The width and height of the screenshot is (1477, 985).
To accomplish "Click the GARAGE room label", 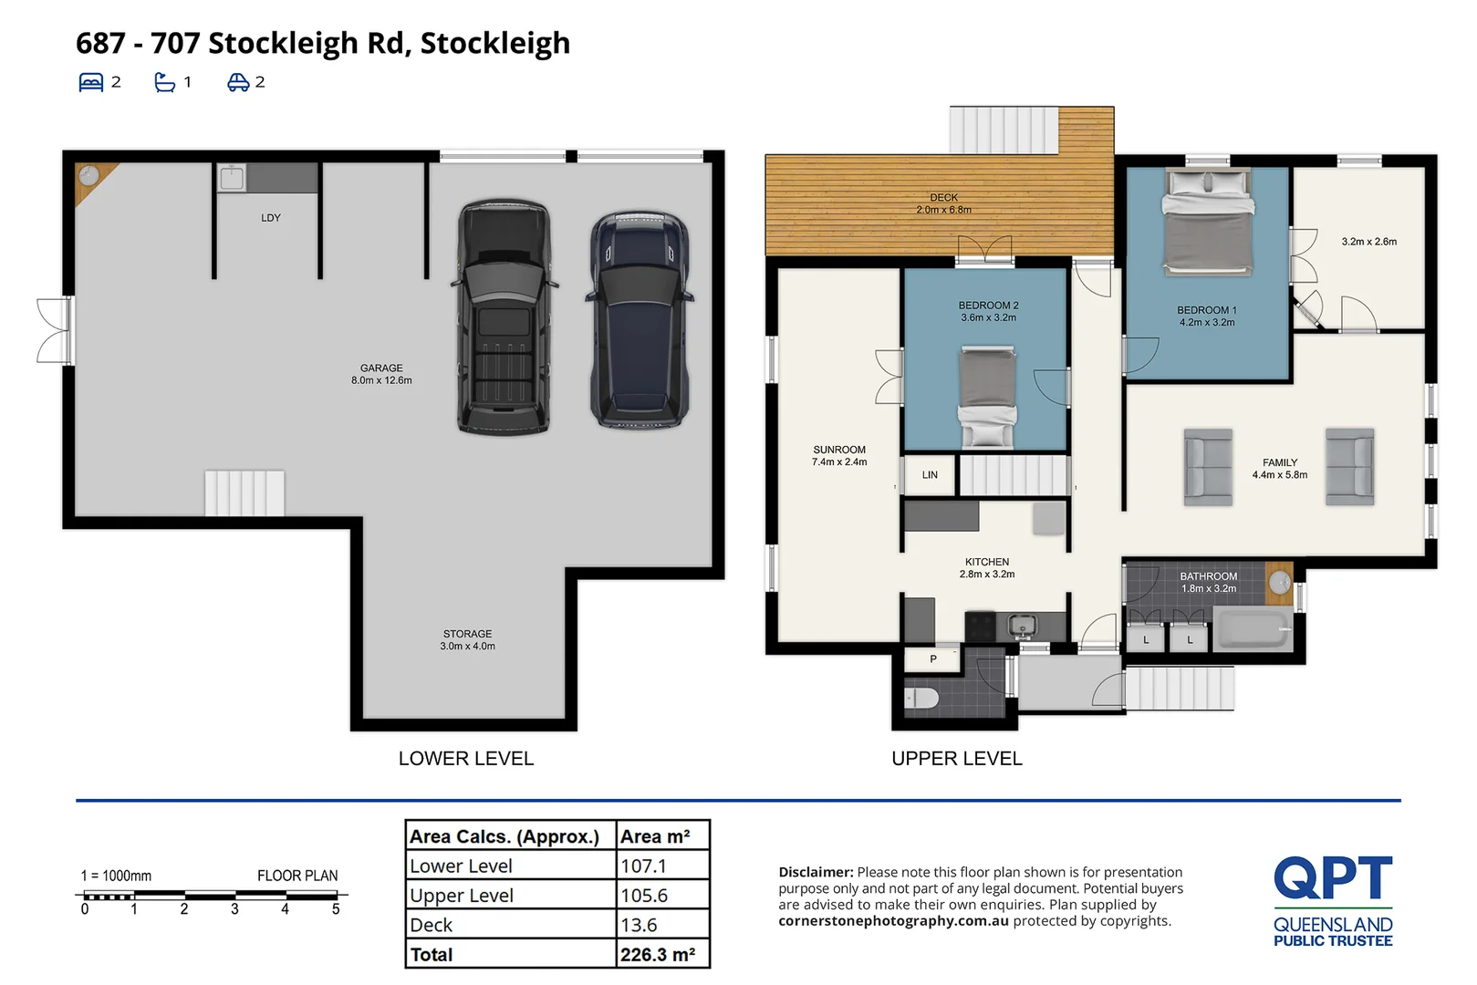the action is pyautogui.click(x=381, y=368).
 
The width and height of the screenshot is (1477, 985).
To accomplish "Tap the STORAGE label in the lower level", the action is pyautogui.click(x=467, y=634).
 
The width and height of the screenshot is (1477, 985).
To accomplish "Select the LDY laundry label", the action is pyautogui.click(x=270, y=218).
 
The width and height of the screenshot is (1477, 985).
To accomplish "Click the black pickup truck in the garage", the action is pyautogui.click(x=504, y=317).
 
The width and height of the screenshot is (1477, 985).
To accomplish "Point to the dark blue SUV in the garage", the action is pyautogui.click(x=640, y=320).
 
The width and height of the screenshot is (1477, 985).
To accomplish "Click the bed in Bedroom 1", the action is pyautogui.click(x=1208, y=222).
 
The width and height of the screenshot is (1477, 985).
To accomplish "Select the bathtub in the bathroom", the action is pyautogui.click(x=1253, y=629).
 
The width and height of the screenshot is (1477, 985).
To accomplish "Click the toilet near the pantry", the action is pyautogui.click(x=921, y=698).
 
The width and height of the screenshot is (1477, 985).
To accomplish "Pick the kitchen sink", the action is pyautogui.click(x=1022, y=626).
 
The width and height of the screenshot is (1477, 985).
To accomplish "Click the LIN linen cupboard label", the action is pyautogui.click(x=930, y=474).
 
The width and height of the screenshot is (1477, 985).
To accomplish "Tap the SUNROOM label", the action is pyautogui.click(x=838, y=450).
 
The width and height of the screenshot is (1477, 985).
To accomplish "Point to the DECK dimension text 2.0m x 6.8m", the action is pyautogui.click(x=943, y=210).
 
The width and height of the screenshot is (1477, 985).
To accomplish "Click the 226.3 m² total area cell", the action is pyautogui.click(x=658, y=955).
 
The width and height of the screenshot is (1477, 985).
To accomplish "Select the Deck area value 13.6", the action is pyautogui.click(x=639, y=925).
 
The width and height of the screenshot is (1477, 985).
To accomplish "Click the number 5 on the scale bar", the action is pyautogui.click(x=336, y=909).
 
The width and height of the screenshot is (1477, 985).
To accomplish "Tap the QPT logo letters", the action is pyautogui.click(x=1333, y=877).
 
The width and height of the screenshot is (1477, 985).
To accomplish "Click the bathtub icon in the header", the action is pyautogui.click(x=164, y=82).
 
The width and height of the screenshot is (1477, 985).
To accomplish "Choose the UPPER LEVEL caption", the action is pyautogui.click(x=957, y=758).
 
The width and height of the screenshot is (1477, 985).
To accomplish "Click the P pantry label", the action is pyautogui.click(x=933, y=658).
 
